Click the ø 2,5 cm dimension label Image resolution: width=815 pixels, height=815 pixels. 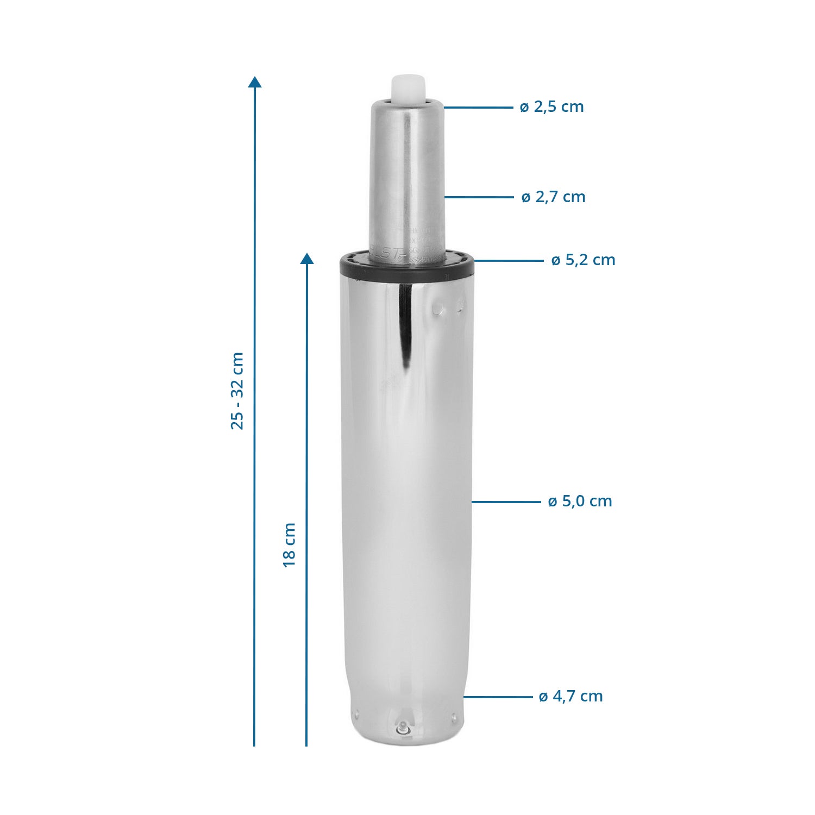551,107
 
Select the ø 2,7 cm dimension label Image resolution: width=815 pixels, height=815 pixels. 553,197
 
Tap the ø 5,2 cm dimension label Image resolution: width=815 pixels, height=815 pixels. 583,260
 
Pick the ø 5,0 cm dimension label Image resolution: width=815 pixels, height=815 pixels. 580,501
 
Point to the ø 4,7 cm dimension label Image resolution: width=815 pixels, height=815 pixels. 570,697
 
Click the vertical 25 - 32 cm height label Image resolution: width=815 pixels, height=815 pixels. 237,391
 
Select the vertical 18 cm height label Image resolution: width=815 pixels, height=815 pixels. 290,545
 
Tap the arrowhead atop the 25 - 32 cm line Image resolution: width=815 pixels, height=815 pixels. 254,82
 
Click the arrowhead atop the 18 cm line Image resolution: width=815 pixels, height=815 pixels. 307,259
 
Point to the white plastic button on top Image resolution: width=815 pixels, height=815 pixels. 407,89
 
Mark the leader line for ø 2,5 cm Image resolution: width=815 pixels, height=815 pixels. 478,108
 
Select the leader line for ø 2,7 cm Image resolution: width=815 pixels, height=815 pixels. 479,197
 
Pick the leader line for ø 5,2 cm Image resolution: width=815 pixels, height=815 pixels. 509,261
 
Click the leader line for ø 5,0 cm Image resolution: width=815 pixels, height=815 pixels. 506,502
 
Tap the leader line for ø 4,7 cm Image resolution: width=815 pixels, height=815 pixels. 498,697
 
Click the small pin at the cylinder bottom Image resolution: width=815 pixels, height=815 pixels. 403,727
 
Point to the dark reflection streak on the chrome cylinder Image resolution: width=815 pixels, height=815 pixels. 405,326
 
